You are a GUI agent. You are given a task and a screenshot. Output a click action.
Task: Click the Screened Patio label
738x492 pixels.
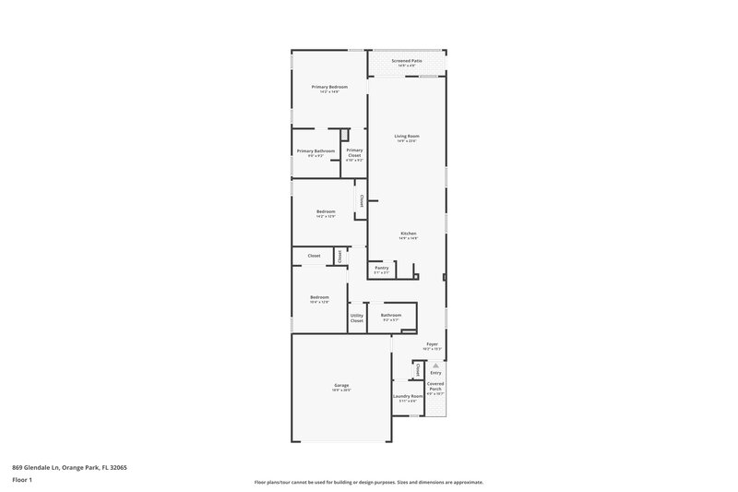pos(407,61)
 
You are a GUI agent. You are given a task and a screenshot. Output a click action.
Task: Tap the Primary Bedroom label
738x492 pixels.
pos(329,87)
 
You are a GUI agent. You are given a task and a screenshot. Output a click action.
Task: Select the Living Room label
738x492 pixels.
pos(407,137)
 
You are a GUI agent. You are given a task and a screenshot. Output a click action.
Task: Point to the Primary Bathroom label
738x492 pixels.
pos(315,150)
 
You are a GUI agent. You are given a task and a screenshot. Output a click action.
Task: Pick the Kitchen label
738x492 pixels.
pos(409,233)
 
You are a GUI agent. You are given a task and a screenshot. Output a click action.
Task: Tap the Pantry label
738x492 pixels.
pos(382,268)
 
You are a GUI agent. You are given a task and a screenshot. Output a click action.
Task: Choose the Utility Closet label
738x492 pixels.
pos(357,318)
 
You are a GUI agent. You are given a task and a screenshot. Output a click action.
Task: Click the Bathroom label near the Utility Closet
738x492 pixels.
pos(391,315)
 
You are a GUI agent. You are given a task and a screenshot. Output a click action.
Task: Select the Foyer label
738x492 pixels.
pos(432,343)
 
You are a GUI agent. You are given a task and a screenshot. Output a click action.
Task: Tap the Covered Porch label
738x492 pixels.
pos(435,386)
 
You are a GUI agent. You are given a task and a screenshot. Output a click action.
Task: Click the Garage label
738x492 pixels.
pos(341,385)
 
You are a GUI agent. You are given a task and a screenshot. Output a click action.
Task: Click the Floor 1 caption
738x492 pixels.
pos(22,481)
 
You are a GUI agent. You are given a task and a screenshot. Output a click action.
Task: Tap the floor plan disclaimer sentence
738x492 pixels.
pos(368,482)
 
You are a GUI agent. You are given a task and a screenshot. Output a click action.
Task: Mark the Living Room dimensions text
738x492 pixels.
pos(407,141)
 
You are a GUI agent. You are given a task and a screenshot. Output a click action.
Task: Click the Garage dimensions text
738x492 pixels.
pos(341,390)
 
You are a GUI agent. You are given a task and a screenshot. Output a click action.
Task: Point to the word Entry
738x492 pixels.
pos(435,373)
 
